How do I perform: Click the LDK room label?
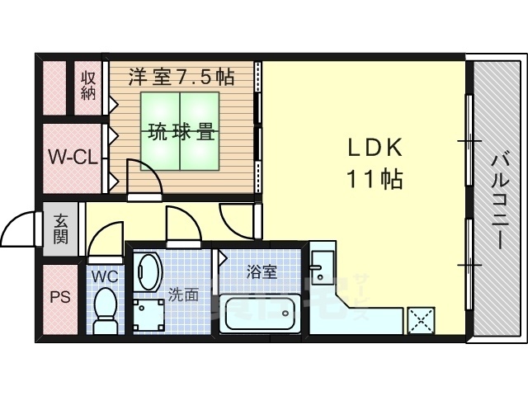pyautogui.click(x=375, y=148)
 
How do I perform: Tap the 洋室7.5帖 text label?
pyautogui.click(x=181, y=77)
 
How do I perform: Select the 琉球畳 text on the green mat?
pyautogui.click(x=181, y=132)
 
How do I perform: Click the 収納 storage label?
pyautogui.click(x=88, y=86)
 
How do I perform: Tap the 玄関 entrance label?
pyautogui.click(x=60, y=229)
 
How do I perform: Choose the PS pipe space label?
pyautogui.click(x=60, y=297)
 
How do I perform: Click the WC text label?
pyautogui.click(x=105, y=277)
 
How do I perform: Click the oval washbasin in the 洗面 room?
pyautogui.click(x=148, y=272)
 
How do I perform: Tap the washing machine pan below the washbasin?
pyautogui.click(x=148, y=316)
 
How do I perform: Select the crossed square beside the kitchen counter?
pyautogui.click(x=421, y=321)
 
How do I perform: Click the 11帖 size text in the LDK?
pyautogui.click(x=375, y=178)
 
